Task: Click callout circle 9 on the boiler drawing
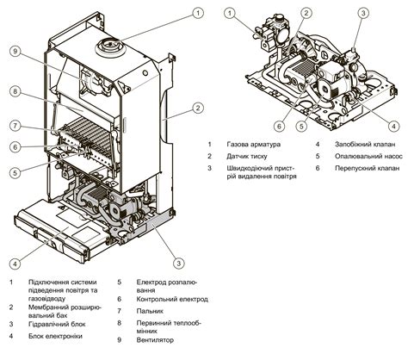pos(15,52)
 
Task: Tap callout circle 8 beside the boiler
pos(15,91)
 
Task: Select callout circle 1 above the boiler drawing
pos(198,13)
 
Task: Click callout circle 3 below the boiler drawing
pos(179,263)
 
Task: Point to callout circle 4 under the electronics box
pos(15,264)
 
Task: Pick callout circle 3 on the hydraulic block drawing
pos(363,13)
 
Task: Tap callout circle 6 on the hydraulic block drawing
pos(280,126)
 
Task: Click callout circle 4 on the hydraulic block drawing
pos(393,126)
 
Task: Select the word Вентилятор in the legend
pos(155,340)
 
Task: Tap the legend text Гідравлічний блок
pos(57,325)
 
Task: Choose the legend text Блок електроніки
pos(55,336)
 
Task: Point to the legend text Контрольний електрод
pos(172,300)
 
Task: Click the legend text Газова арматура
pos(253,144)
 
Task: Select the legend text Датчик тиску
pos(247,157)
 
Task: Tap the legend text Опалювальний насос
pos(368,157)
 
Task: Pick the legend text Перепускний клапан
pos(367,168)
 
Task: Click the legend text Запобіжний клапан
pos(365,144)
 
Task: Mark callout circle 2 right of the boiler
pos(198,109)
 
